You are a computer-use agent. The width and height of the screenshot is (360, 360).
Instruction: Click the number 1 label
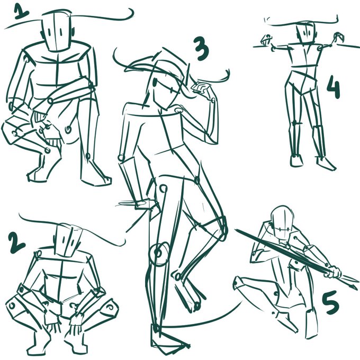click(21, 12)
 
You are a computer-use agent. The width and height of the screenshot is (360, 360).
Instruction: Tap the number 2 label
click(16, 242)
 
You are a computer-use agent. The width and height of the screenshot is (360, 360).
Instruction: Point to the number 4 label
click(333, 87)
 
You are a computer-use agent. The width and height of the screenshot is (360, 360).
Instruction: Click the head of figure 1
click(56, 31)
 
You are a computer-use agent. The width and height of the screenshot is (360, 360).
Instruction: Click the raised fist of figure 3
click(203, 89)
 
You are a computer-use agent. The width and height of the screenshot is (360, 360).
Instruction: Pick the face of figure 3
click(166, 92)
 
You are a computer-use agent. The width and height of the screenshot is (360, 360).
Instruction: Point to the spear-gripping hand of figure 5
click(334, 272)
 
